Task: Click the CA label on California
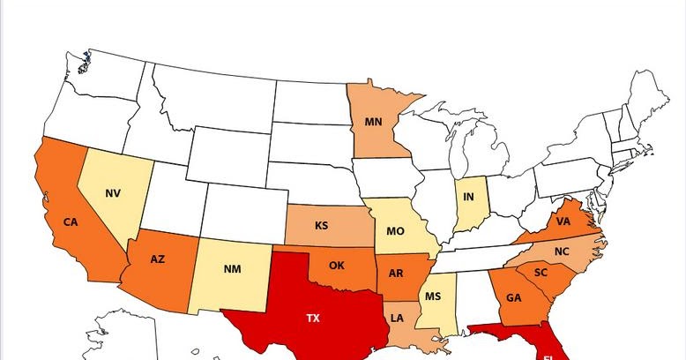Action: click(71, 222)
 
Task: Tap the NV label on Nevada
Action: click(113, 193)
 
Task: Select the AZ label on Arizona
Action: click(157, 259)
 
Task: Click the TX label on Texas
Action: click(313, 318)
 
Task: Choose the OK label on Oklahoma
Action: click(336, 265)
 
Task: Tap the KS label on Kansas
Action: click(321, 226)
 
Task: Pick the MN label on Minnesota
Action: click(372, 121)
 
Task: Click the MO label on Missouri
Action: click(394, 231)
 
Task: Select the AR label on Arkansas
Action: click(396, 274)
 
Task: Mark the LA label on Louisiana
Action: click(398, 318)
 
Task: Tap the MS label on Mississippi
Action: click(432, 297)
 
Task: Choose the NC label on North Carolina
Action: click(562, 251)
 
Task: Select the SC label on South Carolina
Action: click(541, 273)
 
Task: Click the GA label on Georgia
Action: click(514, 297)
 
